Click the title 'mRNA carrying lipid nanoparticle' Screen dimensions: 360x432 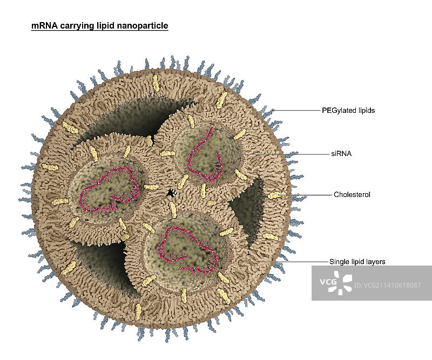click(x=99, y=25)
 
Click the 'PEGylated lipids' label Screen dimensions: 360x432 click(x=352, y=110)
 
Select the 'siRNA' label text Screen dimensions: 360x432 click(x=341, y=153)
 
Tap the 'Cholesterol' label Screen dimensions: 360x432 click(x=352, y=194)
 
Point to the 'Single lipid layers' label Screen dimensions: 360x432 click(x=357, y=262)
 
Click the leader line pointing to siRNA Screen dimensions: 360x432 click(x=281, y=154)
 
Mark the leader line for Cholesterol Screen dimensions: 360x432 click(x=308, y=194)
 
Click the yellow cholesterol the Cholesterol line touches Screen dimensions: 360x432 click(x=276, y=195)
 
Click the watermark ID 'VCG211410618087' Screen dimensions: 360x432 click(x=388, y=285)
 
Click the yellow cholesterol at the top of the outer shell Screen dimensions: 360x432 click(x=156, y=83)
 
